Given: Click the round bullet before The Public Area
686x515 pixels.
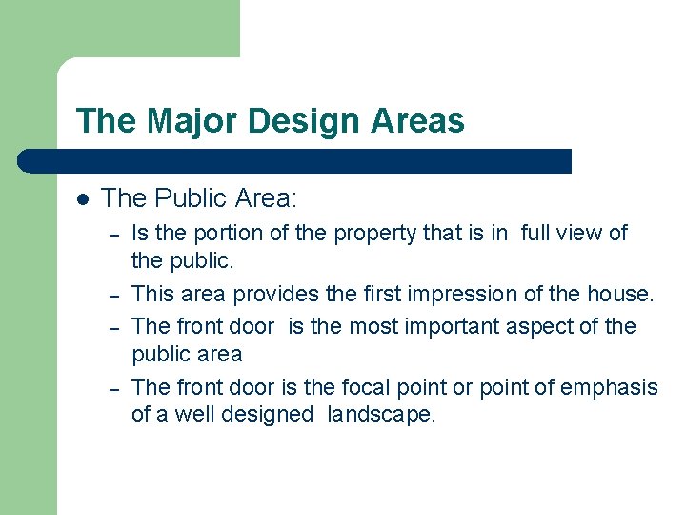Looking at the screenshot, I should (83, 199).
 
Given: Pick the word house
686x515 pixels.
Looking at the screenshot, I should (621, 294).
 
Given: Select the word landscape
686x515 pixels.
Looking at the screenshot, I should (380, 414).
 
